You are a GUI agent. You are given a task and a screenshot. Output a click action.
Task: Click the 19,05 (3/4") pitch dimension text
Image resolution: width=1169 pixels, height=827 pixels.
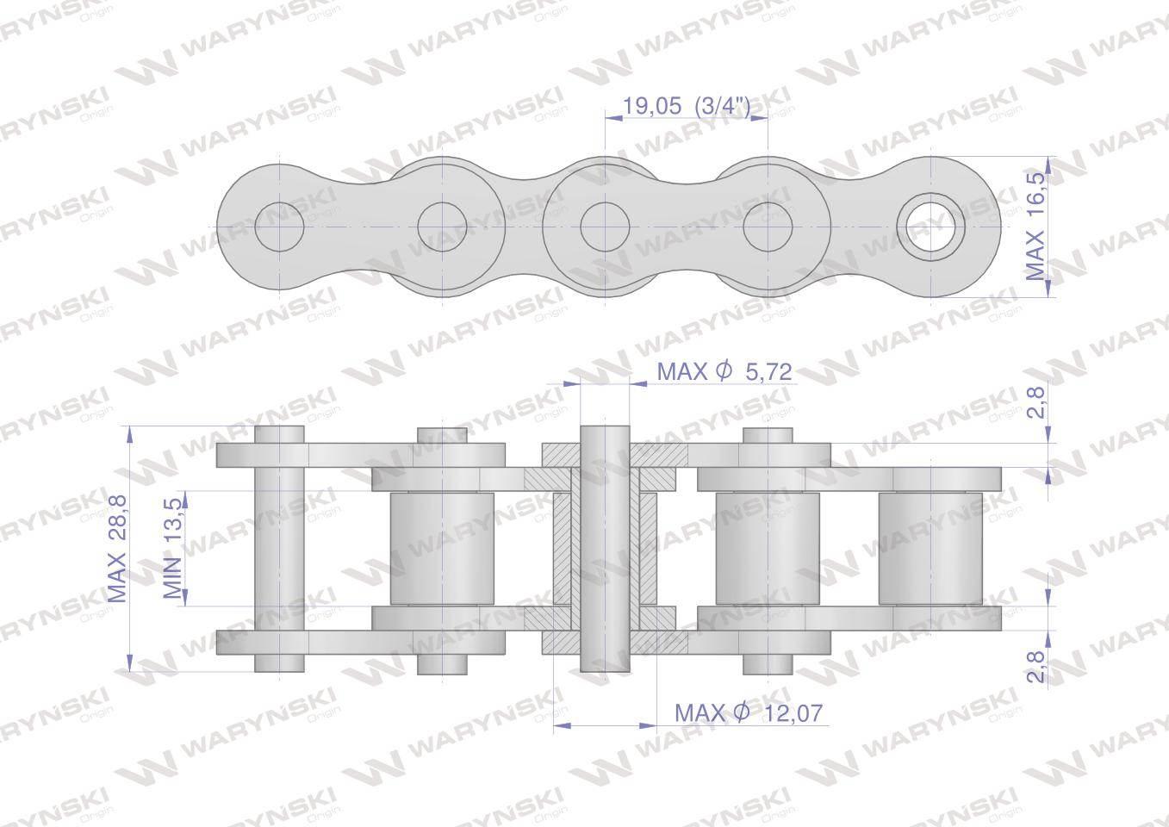coord(687,106)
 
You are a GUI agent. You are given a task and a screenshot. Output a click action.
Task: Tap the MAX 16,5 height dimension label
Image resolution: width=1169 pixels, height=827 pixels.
coord(1036,227)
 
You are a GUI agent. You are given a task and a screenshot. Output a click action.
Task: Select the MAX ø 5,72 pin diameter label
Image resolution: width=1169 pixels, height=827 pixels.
coord(724,371)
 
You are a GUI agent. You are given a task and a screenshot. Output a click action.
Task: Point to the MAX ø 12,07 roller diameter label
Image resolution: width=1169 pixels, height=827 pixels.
coord(749,712)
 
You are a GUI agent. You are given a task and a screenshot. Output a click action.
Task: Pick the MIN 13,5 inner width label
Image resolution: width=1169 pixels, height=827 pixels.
coord(172,548)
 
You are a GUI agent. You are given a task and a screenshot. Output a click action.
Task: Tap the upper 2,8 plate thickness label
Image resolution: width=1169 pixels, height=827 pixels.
coord(1037,401)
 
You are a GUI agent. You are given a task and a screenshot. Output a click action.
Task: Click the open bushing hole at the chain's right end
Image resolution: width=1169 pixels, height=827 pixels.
coord(931,227)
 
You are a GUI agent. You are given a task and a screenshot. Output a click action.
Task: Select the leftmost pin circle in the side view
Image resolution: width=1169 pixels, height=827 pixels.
coord(280,227)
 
